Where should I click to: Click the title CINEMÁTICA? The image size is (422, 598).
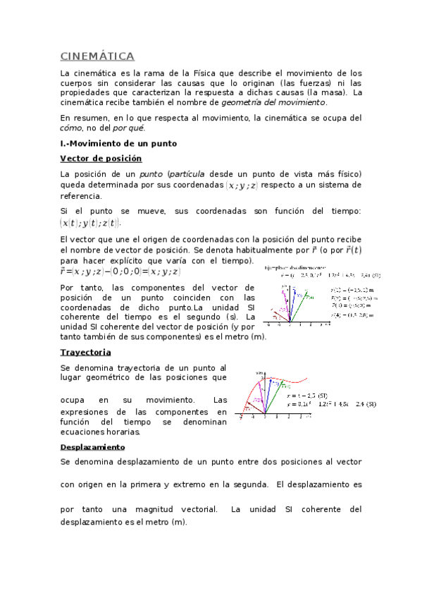97,56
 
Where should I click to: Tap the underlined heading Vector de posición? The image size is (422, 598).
101,159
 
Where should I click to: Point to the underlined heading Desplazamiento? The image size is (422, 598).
92,447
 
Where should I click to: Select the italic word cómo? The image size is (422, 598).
71,128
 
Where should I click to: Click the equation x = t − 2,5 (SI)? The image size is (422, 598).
306,396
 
